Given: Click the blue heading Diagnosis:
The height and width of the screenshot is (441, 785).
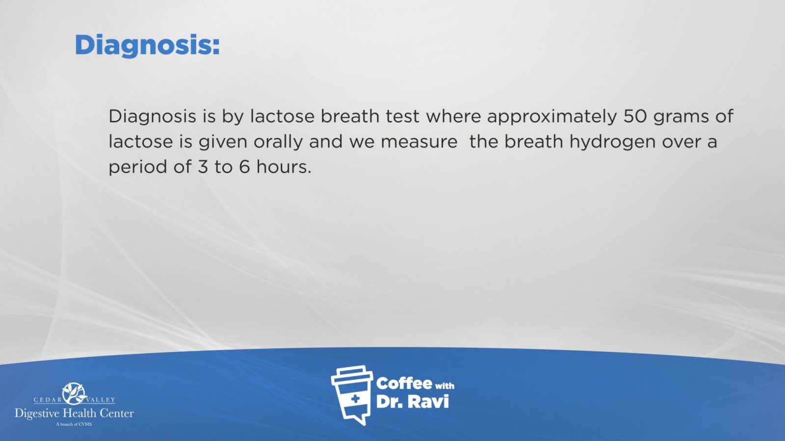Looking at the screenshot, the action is [147, 46].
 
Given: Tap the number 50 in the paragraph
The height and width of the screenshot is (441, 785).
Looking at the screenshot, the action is [635, 116].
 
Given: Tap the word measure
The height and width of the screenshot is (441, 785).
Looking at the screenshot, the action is [419, 142].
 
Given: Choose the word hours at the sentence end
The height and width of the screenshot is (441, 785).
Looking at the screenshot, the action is [284, 167].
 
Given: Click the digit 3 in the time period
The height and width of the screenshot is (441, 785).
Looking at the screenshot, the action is [203, 167].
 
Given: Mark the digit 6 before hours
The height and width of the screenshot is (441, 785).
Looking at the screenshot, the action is [244, 167].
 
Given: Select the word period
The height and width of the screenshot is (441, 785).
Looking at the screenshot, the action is [138, 168].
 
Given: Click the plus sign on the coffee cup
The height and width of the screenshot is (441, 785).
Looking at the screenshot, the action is [355, 399].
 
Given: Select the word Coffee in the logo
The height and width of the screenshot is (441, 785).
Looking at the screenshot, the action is [404, 384].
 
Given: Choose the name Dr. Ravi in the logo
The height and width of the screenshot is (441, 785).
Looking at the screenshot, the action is [413, 402].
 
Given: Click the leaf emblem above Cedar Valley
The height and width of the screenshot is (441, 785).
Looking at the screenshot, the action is [74, 393].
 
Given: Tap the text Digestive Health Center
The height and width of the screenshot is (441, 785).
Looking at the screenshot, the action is [74, 414].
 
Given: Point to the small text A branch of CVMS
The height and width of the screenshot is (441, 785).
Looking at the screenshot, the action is [74, 424].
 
